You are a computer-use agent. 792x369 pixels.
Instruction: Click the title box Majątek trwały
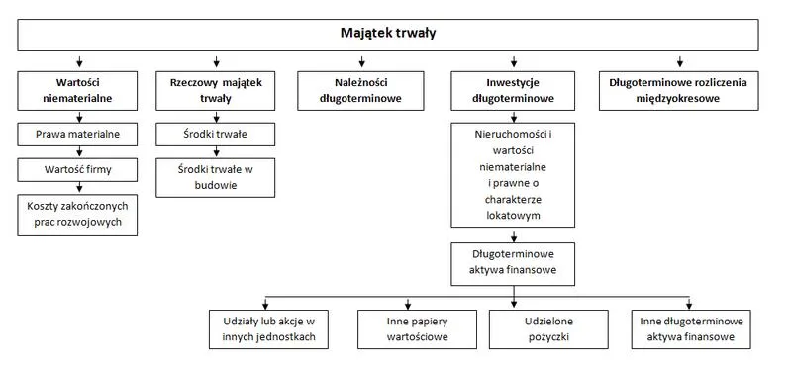click(388, 34)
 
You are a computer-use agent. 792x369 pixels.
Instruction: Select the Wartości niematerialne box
click(77, 90)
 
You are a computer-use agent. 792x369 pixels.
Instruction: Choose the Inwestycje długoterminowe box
click(512, 90)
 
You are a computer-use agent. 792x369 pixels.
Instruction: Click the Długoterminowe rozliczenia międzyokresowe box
click(679, 90)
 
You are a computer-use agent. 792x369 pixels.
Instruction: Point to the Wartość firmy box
click(77, 170)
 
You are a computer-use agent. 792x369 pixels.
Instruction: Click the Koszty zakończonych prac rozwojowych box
click(77, 214)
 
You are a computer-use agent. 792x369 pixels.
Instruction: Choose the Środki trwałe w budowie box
click(215, 177)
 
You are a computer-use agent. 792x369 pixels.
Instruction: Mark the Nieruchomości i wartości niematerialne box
click(512, 174)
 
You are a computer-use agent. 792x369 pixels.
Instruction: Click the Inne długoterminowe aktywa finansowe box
click(690, 329)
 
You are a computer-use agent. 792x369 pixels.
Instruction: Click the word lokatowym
click(513, 214)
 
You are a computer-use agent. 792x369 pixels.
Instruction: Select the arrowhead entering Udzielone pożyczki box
click(514, 304)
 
